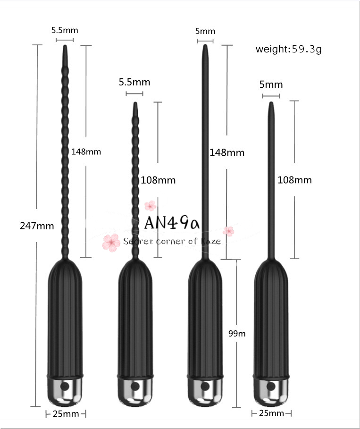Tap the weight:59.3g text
click(x=288, y=49)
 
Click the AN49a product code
click(x=172, y=222)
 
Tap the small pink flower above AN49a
click(x=150, y=205)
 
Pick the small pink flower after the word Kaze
click(x=228, y=231)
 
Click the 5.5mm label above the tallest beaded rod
click(x=65, y=31)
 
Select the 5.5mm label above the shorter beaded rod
click(x=134, y=82)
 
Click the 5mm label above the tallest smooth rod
click(x=205, y=32)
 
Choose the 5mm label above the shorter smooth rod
click(x=271, y=84)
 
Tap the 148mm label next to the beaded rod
click(x=86, y=152)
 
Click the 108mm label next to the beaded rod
click(x=158, y=180)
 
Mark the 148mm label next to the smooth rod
click(x=227, y=152)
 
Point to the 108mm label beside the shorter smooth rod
click(x=294, y=180)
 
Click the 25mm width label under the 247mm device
click(x=66, y=414)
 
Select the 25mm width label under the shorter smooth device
click(x=271, y=413)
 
